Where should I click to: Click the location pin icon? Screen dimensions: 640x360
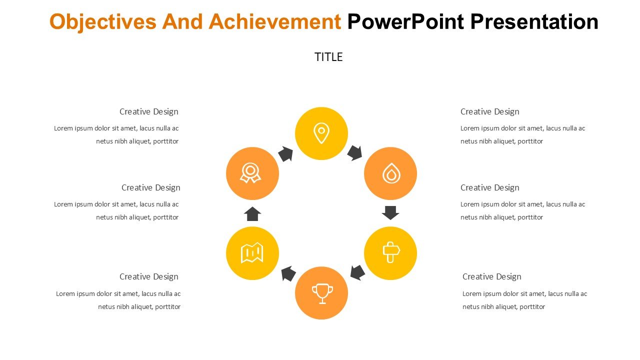(321, 133)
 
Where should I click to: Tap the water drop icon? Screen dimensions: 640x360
(391, 173)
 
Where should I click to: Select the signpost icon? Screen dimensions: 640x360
(391, 252)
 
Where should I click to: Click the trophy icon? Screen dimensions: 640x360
(322, 293)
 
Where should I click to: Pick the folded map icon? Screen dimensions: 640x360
(251, 253)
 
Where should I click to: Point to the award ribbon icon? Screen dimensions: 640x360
(250, 172)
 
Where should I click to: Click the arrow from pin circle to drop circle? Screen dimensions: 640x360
(355, 153)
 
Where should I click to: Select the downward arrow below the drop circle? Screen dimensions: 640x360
(390, 212)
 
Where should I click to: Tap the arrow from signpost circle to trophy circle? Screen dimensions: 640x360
(357, 272)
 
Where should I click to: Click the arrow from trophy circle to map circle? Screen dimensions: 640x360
(288, 273)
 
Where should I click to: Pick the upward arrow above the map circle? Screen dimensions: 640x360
(252, 214)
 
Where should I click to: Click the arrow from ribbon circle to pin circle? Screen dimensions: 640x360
(285, 154)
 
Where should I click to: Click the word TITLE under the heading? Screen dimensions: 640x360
(328, 57)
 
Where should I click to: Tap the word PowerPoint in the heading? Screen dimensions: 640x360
(405, 21)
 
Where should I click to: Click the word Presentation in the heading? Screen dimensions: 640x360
(534, 21)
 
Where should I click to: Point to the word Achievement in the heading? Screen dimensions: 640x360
(274, 21)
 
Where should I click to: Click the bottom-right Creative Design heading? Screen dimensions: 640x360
(491, 276)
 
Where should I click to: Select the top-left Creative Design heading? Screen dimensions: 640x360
(148, 111)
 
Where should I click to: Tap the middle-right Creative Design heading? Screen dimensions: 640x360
(489, 187)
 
